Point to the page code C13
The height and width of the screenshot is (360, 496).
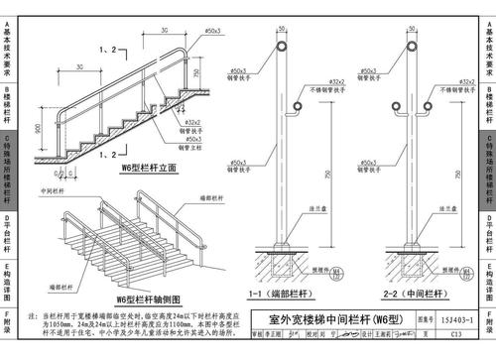click(459, 335)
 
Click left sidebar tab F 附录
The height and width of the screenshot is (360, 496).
click(8, 326)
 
